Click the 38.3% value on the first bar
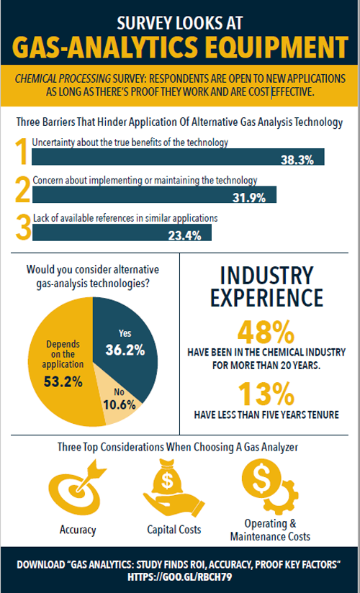click(297, 160)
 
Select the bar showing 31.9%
click(155, 196)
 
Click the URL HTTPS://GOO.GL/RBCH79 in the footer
click(179, 577)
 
